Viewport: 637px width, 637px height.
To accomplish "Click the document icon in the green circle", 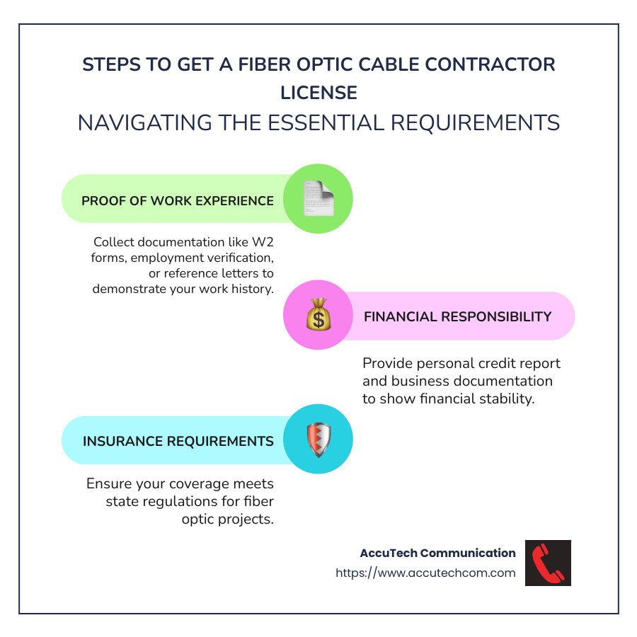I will (318, 199).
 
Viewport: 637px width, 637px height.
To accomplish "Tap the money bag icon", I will (318, 315).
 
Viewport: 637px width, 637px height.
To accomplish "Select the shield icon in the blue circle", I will (318, 440).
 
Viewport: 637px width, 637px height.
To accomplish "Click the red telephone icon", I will (548, 563).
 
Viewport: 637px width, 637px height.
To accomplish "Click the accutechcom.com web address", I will (425, 573).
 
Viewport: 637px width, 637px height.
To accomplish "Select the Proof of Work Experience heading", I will (178, 200).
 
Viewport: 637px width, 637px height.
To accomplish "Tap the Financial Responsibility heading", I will (457, 316).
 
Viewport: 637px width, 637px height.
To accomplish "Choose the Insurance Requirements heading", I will (178, 441).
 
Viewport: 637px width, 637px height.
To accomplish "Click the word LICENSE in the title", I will (318, 93).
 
